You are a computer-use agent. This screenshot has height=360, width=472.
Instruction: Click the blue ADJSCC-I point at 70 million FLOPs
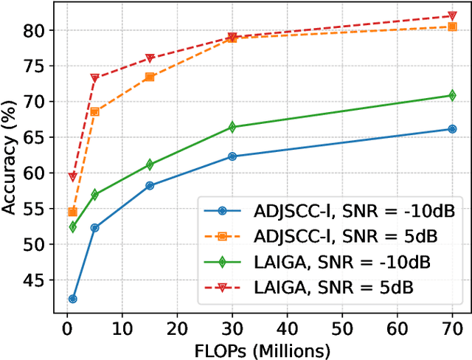tap(452, 129)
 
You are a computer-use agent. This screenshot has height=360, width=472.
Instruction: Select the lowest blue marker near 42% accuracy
tap(72, 299)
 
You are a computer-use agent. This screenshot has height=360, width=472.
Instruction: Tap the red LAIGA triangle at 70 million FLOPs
tap(452, 16)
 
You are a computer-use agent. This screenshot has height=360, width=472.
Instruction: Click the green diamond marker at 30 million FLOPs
tap(232, 127)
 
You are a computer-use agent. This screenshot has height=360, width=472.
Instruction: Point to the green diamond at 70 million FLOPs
tap(452, 95)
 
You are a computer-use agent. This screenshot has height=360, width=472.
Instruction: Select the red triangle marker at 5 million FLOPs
tap(94, 77)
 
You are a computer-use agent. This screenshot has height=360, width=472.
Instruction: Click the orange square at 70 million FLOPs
tap(452, 27)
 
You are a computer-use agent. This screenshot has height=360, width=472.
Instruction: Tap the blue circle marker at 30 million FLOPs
tap(232, 156)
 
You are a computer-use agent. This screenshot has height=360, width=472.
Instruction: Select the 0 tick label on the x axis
tap(67, 328)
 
